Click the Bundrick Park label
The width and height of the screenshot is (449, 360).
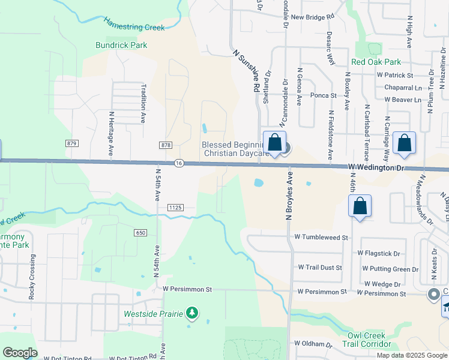[x=121, y=45]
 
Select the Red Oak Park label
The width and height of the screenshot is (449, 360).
[x=376, y=62]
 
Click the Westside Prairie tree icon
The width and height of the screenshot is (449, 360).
[x=192, y=313]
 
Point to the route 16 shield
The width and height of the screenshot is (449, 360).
[x=179, y=163]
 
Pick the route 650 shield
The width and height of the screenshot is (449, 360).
[x=140, y=233]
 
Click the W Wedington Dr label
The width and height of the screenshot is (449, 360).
[x=376, y=168]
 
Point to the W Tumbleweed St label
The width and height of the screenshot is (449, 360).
[x=321, y=238]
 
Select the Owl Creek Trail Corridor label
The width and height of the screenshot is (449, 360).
[x=367, y=340]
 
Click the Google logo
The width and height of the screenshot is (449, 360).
[x=20, y=353]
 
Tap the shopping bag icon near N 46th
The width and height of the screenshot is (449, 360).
[x=360, y=207]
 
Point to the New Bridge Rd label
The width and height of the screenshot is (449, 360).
[x=312, y=17]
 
